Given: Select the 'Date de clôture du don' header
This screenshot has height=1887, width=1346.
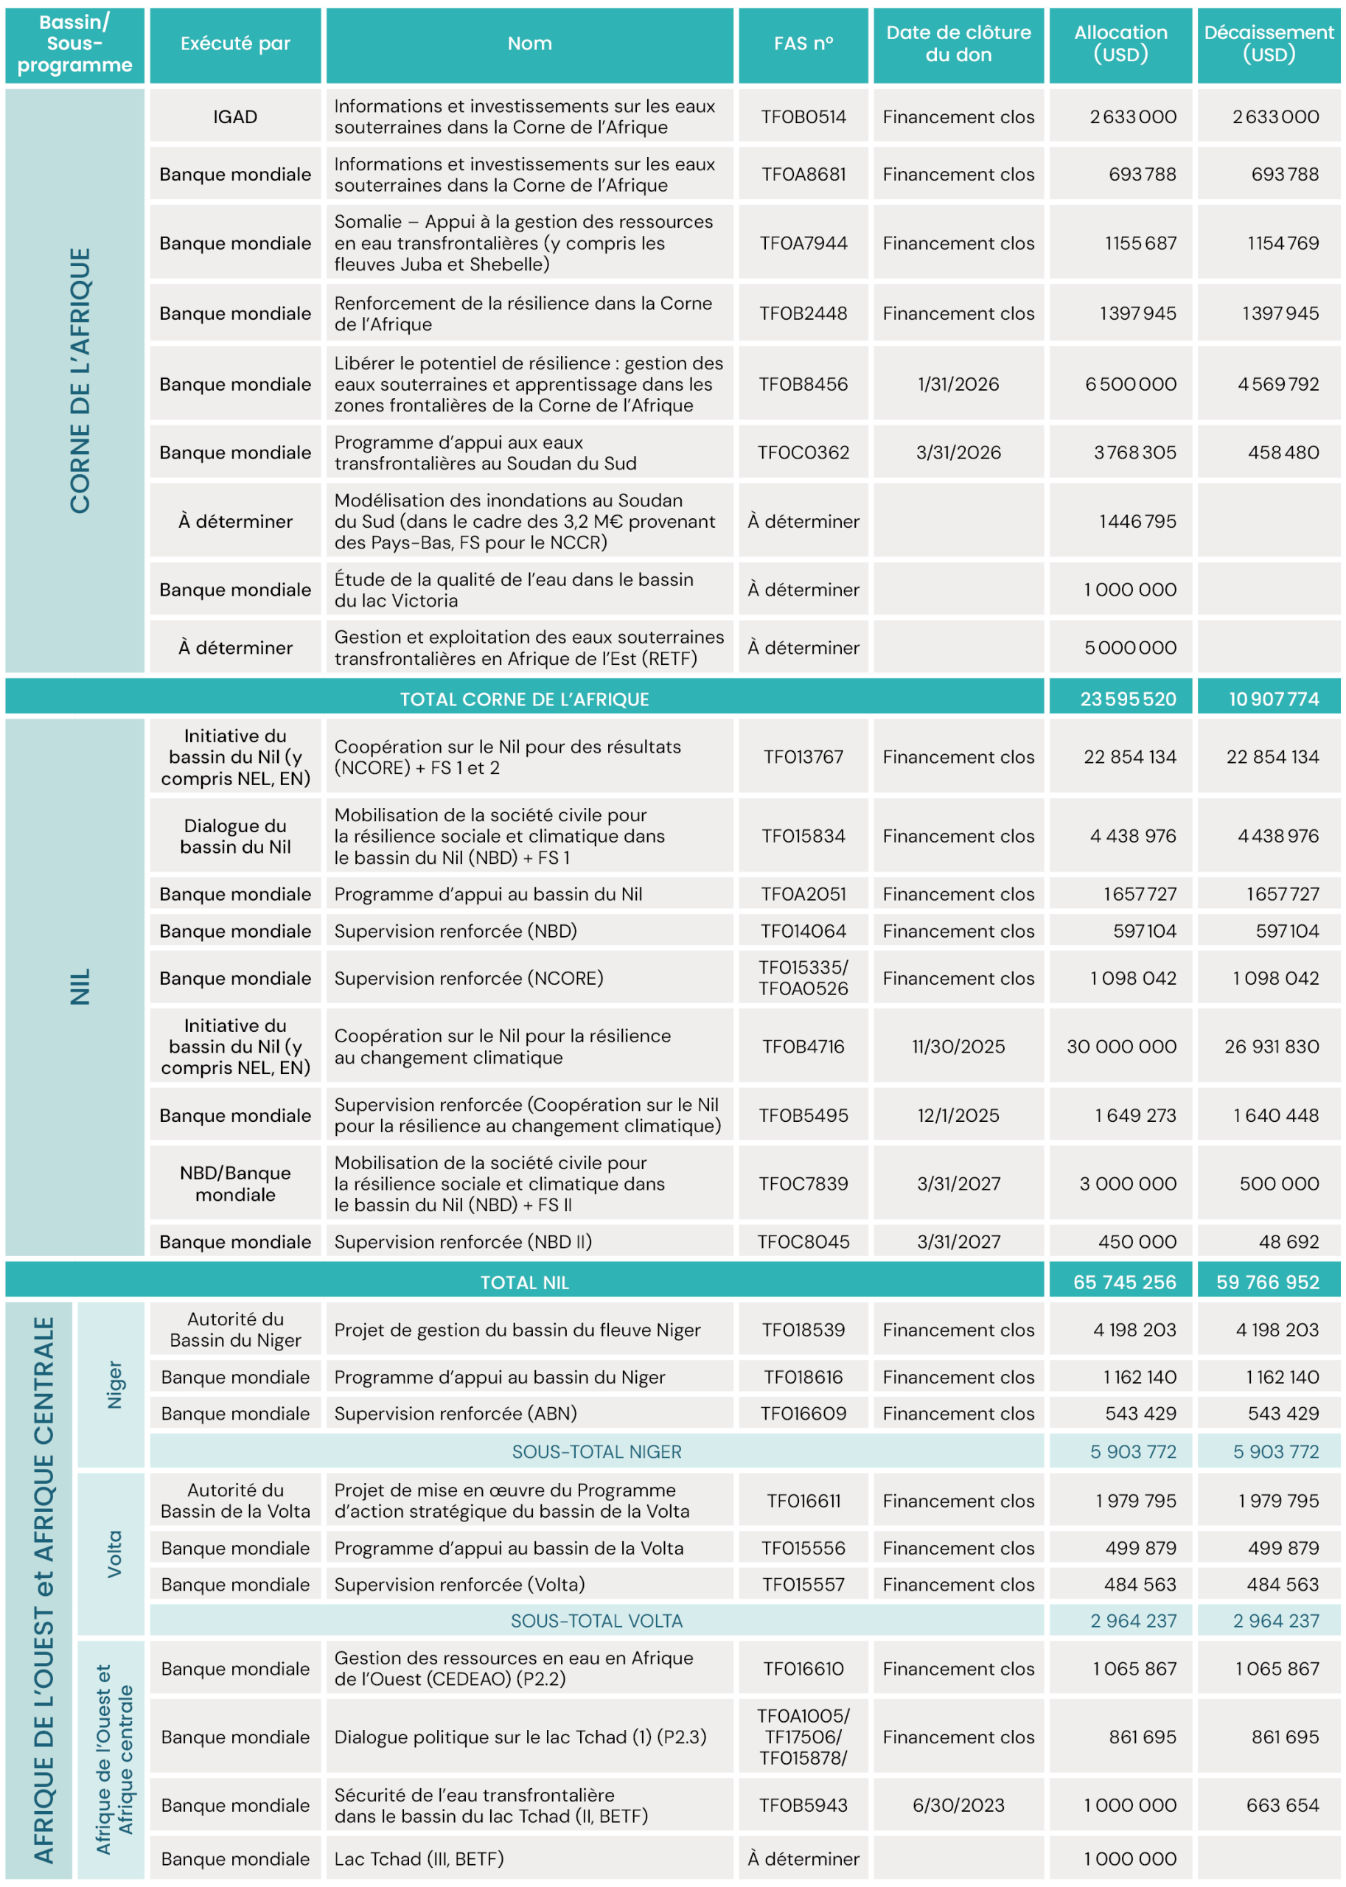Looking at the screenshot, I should tap(958, 44).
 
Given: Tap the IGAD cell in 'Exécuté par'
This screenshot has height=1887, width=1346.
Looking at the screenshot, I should tap(234, 117).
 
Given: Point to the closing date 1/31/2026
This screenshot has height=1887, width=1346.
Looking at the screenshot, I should tap(958, 385).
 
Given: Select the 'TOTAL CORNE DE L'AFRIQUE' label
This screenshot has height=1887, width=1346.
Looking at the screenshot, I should tap(524, 700).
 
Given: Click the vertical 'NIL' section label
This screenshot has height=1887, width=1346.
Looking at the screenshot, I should tap(80, 986).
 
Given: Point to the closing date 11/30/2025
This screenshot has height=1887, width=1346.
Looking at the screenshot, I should tap(958, 1047).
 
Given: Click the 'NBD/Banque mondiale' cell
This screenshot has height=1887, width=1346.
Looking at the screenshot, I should tap(234, 1183).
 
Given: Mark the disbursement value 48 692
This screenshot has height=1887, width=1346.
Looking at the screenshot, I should tap(1287, 1241).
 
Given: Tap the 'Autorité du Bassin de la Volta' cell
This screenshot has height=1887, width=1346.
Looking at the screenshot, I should tap(234, 1501).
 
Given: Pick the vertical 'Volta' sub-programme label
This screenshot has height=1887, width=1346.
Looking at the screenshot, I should tap(114, 1554).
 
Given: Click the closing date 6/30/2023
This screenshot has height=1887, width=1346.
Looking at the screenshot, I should tap(958, 1805).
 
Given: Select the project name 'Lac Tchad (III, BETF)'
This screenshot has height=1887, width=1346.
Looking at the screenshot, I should tap(419, 1859).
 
